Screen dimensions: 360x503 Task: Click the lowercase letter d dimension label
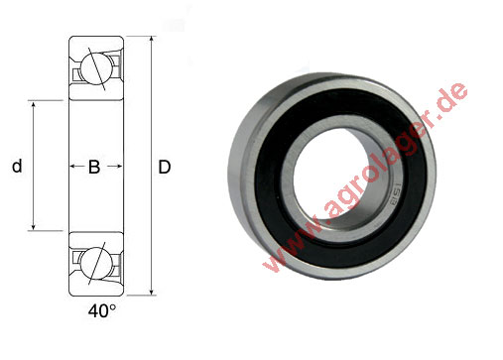point(17,167)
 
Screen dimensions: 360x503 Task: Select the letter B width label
point(94,167)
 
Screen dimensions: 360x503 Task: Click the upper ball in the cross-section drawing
point(94,68)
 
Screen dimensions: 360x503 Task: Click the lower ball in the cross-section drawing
point(94,263)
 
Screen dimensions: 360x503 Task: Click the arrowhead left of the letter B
point(71,167)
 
